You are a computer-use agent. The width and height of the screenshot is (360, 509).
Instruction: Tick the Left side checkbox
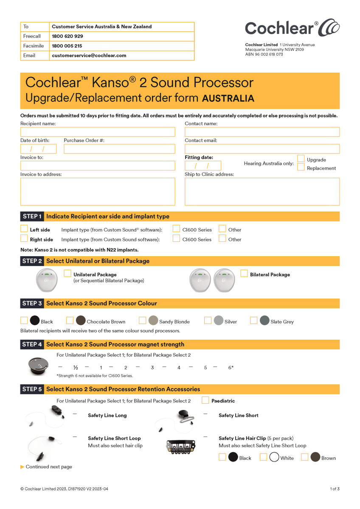click(24, 229)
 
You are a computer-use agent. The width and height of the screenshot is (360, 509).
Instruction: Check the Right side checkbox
click(24, 239)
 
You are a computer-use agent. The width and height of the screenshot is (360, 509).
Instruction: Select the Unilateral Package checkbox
click(67, 274)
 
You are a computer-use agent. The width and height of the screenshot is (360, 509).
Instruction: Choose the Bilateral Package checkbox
click(244, 274)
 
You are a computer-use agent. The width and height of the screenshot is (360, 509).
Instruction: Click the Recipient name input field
click(98, 132)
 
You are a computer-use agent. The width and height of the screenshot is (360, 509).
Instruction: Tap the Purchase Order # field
click(119, 149)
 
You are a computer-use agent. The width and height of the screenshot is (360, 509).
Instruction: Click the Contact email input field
click(262, 149)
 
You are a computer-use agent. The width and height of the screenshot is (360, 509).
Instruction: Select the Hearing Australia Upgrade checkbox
click(301, 159)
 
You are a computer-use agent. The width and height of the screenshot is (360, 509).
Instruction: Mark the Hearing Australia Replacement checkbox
click(301, 167)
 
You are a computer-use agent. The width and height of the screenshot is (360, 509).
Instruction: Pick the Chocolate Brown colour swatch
click(81, 321)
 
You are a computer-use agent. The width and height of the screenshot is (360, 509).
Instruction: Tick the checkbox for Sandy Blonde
click(143, 321)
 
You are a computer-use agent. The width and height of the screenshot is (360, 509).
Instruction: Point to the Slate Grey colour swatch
click(264, 321)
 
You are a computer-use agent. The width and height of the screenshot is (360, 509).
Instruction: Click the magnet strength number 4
click(179, 368)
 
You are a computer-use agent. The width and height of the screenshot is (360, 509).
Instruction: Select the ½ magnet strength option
click(76, 368)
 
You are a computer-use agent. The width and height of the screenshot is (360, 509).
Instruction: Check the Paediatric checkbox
click(205, 400)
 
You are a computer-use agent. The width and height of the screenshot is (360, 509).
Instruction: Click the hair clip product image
click(181, 447)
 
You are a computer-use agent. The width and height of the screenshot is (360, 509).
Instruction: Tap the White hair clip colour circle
click(274, 457)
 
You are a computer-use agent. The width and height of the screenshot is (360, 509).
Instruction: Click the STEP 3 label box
click(32, 303)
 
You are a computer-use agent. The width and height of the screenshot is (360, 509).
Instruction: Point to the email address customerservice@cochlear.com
click(89, 56)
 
